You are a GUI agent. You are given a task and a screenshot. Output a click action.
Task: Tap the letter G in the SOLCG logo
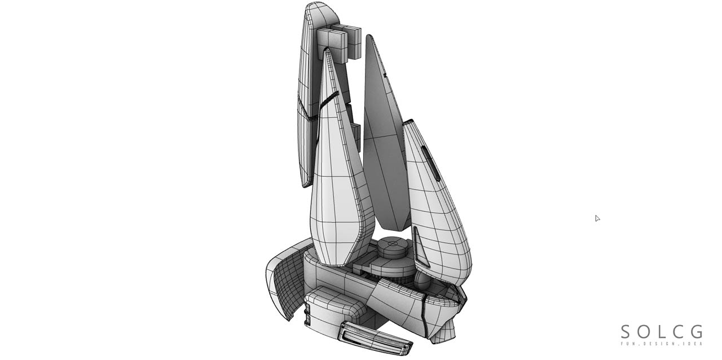(x=697, y=332)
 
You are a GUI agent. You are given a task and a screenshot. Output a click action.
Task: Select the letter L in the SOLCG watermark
(x=661, y=332)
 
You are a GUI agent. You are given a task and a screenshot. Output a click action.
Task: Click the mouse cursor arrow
(x=597, y=218)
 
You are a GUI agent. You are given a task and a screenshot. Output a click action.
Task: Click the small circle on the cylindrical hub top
(x=393, y=243)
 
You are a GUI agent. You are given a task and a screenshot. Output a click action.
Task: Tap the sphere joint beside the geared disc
(x=422, y=280)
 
